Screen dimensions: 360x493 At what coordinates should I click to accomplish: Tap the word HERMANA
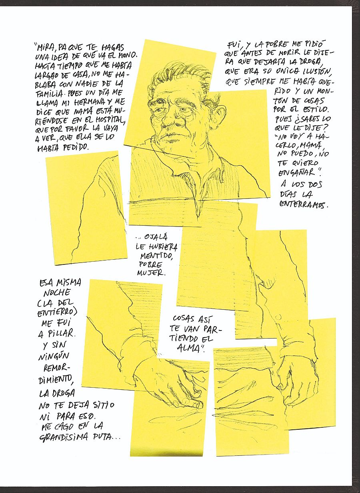click(92, 102)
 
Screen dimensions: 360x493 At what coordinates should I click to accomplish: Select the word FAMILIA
click(50, 94)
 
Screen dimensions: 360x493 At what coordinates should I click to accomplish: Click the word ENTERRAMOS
click(304, 205)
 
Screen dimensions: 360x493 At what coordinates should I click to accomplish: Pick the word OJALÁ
click(156, 237)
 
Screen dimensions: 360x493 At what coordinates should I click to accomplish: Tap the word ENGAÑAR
click(297, 172)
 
